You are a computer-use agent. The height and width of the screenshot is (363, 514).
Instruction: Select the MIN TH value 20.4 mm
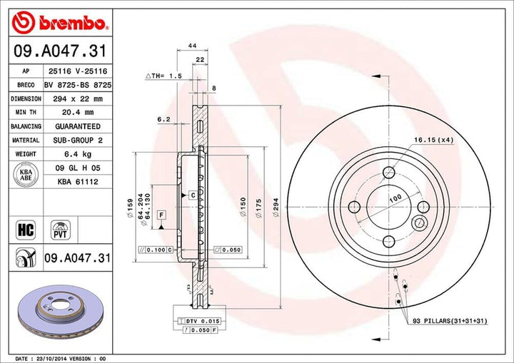pos(73,112)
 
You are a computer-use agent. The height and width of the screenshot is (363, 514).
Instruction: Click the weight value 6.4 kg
pos(73,154)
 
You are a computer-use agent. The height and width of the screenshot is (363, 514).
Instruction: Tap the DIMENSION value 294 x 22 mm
pos(73,98)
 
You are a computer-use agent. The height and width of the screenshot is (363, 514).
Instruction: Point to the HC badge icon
pos(24,229)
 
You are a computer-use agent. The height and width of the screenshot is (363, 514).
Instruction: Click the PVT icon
pos(60,229)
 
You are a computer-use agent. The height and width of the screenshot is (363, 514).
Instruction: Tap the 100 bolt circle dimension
pos(394,198)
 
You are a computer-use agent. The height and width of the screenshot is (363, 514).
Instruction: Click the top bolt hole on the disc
pos(389,172)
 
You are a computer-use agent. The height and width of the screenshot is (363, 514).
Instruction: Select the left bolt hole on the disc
pos(353,208)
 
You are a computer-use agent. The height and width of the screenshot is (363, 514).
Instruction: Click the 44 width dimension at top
pos(192,46)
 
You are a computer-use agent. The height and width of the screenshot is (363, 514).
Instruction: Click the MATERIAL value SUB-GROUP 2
pos(73,140)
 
